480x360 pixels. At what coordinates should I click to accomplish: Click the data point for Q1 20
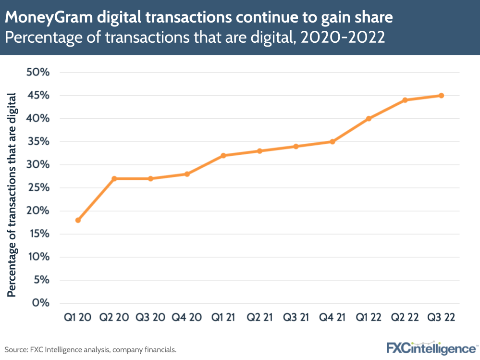point(78,220)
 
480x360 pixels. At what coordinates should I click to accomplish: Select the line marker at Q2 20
point(114,178)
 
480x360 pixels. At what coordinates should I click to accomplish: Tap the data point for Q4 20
point(187,174)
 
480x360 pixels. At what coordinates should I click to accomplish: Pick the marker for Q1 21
point(223,155)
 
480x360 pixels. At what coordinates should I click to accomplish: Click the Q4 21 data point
point(332,142)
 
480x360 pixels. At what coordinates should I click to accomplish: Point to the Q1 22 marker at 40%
point(369,119)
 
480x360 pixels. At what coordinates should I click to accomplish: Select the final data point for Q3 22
point(441,96)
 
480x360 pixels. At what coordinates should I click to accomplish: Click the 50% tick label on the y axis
point(35,73)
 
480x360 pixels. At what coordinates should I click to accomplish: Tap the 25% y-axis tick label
point(35,188)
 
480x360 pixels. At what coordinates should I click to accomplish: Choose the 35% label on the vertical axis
point(35,142)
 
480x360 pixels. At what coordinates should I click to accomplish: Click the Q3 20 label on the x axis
point(151,318)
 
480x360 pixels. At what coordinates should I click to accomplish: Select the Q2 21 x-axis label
point(259,318)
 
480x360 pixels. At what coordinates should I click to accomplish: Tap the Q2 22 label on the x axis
point(405,318)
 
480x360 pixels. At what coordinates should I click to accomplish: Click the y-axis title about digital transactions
point(12,195)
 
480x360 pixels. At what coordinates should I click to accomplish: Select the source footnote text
point(90,349)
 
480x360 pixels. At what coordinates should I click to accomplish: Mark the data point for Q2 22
point(405,100)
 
